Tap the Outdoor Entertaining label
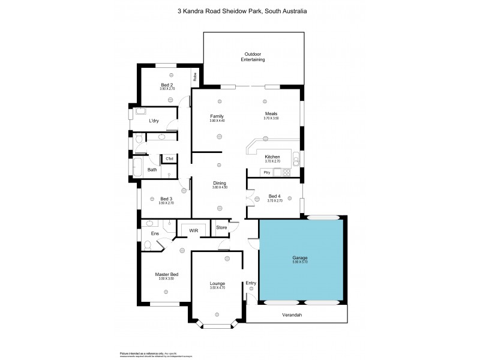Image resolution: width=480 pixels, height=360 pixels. coord(253,57)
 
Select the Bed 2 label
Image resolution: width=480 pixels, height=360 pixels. coord(167,85)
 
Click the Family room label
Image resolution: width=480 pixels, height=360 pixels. coord(217,116)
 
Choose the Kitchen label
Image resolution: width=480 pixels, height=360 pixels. coord(272,157)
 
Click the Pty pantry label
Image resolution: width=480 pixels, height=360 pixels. coord(266,172)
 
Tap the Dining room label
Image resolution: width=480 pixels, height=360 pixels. coord(219,183)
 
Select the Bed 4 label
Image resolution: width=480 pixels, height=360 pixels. coord(273,196)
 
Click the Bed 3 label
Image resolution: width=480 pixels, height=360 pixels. coord(166,199)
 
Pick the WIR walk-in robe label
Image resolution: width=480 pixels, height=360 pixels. coord(193,230)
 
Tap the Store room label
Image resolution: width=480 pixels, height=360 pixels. coord(221,227)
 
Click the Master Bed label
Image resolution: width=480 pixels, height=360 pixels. coord(166,274)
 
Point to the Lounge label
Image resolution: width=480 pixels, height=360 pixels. coord(217,283)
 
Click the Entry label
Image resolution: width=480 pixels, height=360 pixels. coord(251,283)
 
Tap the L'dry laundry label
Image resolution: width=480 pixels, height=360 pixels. coord(154,121)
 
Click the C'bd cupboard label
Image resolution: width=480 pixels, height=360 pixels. coord(170,158)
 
